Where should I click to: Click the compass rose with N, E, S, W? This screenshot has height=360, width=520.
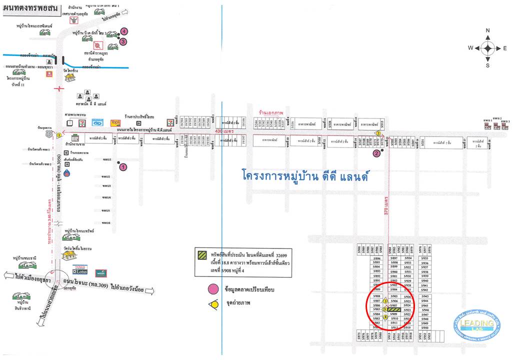(x=487, y=48)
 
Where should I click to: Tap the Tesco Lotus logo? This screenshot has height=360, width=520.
(x=80, y=270)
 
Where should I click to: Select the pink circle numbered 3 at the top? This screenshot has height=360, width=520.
(x=123, y=42)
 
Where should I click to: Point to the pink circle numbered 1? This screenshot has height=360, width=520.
(x=123, y=167)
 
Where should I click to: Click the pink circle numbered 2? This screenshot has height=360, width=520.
(x=376, y=153)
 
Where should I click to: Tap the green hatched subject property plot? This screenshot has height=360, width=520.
(x=394, y=310)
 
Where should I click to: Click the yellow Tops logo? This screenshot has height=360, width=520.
(x=116, y=122)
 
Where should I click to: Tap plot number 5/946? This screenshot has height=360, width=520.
(x=425, y=310)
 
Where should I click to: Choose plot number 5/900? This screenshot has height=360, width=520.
(x=394, y=271)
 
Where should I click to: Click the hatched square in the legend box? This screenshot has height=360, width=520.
(x=202, y=254)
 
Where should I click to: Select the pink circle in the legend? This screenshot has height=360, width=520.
(x=213, y=288)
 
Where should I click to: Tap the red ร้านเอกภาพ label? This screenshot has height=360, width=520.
(x=268, y=112)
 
